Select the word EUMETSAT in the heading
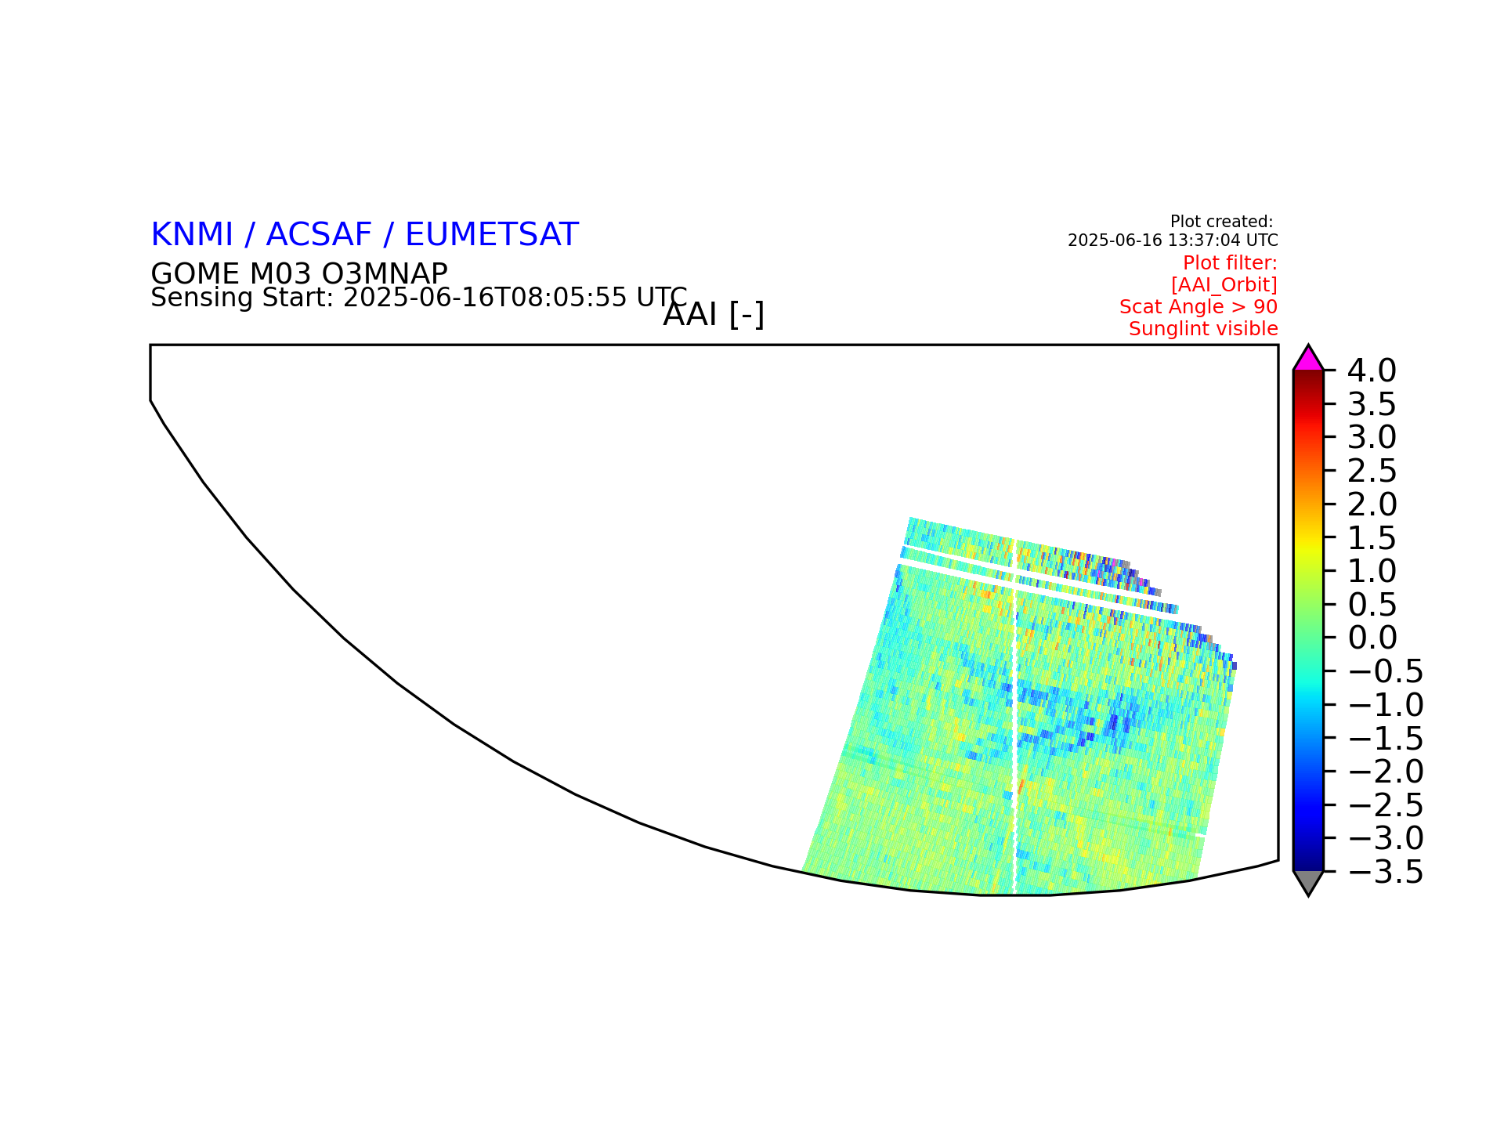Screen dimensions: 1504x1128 pyautogui.click(x=492, y=235)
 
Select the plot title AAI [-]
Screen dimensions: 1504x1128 pyautogui.click(x=714, y=315)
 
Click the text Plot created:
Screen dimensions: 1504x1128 pyautogui.click(x=1222, y=222)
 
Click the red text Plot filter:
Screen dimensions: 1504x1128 pyautogui.click(x=1230, y=263)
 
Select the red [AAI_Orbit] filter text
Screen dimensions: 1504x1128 pyautogui.click(x=1224, y=285)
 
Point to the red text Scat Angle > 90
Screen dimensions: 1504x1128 pyautogui.click(x=1198, y=307)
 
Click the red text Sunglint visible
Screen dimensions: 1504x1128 pyautogui.click(x=1203, y=329)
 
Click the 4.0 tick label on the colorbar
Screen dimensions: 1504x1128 pyautogui.click(x=1372, y=371)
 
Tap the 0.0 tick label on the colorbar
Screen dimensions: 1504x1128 pyautogui.click(x=1372, y=638)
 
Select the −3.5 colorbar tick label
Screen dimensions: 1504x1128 pyautogui.click(x=1385, y=872)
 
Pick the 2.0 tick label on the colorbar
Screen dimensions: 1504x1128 pyautogui.click(x=1372, y=504)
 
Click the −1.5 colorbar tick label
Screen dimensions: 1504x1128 pyautogui.click(x=1385, y=738)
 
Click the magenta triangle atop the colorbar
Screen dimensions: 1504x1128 pyautogui.click(x=1308, y=360)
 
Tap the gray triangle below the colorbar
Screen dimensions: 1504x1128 pyautogui.click(x=1308, y=880)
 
